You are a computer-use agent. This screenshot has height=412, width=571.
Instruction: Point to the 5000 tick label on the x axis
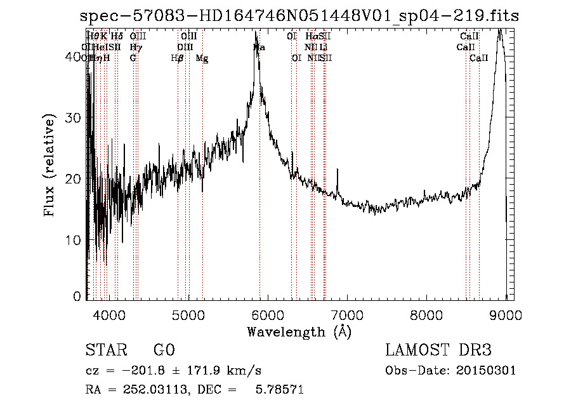tap(188, 315)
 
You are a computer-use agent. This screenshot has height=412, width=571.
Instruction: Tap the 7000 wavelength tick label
tap(346, 315)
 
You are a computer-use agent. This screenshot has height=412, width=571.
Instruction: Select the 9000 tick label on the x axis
tap(506, 315)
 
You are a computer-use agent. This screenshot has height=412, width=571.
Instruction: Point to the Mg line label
tap(202, 58)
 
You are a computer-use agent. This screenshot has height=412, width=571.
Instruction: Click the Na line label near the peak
tap(259, 48)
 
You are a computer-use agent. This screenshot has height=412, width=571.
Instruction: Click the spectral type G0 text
tap(164, 350)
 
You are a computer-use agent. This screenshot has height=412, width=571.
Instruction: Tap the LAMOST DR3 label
tap(438, 350)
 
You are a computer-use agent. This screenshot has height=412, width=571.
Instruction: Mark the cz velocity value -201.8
tap(139, 371)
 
